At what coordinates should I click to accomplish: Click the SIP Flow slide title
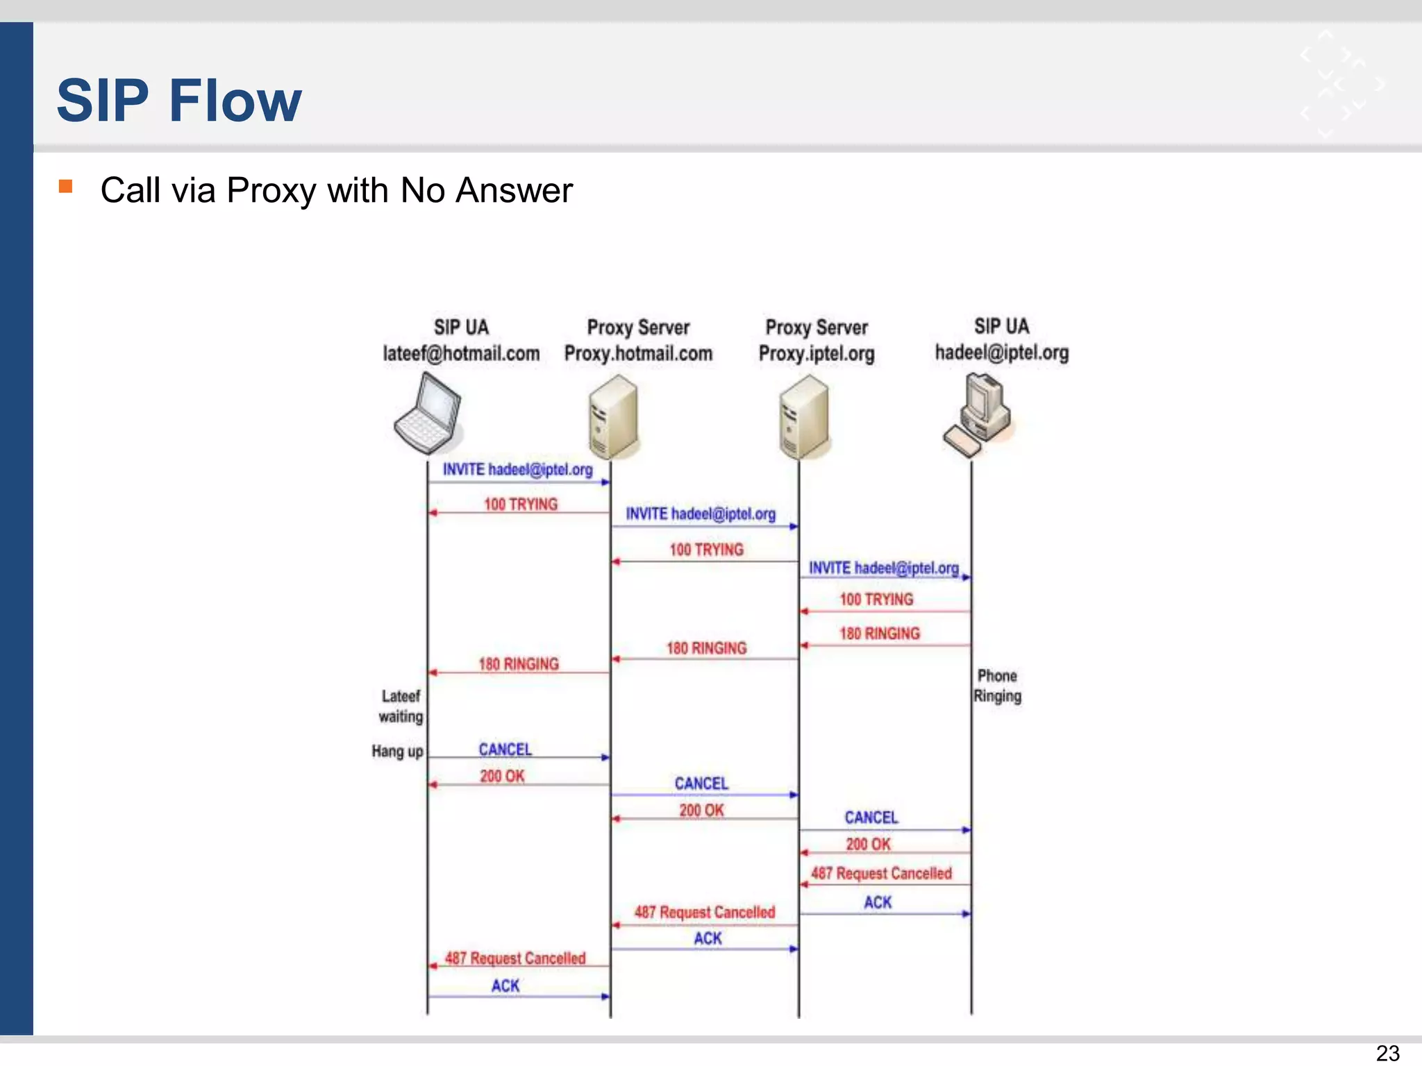tap(179, 101)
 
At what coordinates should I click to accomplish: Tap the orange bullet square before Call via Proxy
tap(66, 186)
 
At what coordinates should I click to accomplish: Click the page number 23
tap(1387, 1053)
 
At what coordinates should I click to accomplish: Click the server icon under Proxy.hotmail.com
tap(612, 416)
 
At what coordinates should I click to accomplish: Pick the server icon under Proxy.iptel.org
tap(803, 416)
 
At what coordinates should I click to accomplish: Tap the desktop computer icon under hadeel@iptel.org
tap(978, 415)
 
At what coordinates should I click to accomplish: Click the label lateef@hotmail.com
tap(461, 353)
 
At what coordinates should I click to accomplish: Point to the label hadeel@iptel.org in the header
tap(1001, 353)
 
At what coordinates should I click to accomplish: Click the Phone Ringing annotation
tap(997, 686)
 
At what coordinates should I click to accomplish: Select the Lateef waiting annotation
tap(401, 706)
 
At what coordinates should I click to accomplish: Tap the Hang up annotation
tap(397, 751)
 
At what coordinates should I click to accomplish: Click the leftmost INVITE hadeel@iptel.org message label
tap(517, 470)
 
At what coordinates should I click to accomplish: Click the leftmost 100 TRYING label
tap(521, 505)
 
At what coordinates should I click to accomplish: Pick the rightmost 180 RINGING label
tap(879, 634)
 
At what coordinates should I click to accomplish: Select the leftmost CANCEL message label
tap(505, 750)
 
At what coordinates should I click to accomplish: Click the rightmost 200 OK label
tap(868, 844)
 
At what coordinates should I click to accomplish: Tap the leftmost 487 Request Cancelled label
tap(515, 958)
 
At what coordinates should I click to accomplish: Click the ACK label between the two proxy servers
tap(708, 938)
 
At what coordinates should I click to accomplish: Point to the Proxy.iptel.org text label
tap(816, 354)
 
